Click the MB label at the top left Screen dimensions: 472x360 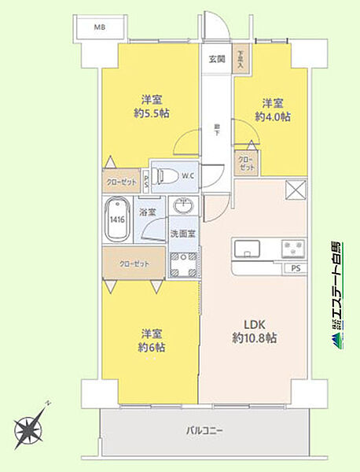[x=99, y=28]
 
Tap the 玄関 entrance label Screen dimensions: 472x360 [x=217, y=59]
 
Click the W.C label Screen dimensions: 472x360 [x=188, y=175]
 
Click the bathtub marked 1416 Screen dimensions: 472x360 [x=116, y=218]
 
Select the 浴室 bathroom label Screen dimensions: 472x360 [x=149, y=212]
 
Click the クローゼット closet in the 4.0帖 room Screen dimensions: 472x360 [x=248, y=162]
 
